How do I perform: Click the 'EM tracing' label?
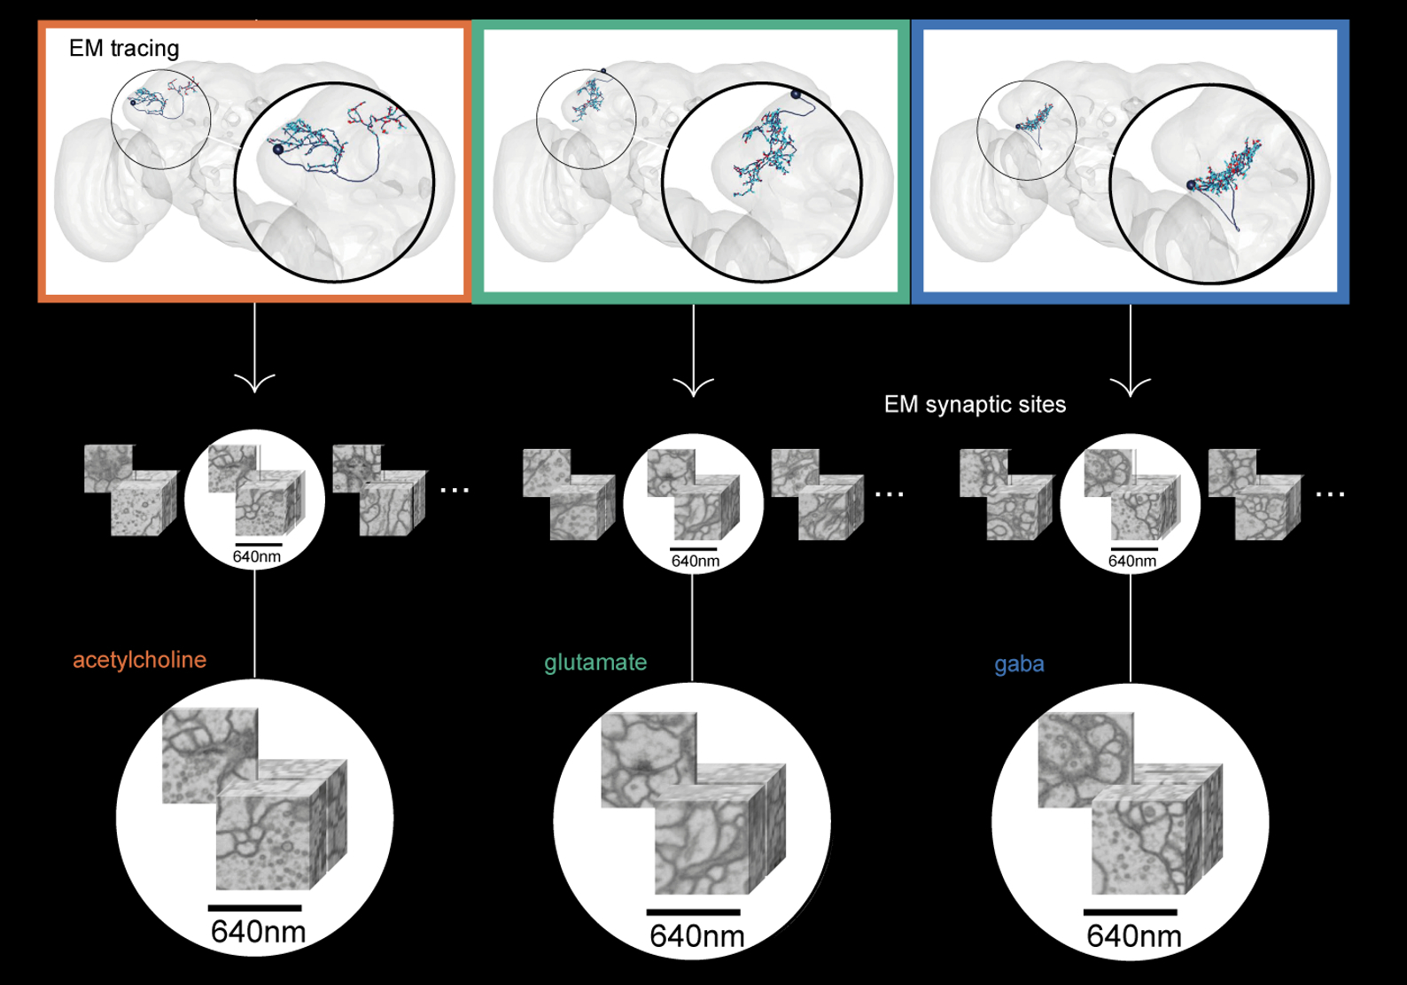[124, 49]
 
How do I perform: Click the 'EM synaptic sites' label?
[975, 405]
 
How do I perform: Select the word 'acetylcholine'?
[139, 660]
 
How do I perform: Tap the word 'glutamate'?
[595, 663]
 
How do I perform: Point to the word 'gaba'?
[1019, 664]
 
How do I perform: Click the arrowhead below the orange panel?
[254, 383]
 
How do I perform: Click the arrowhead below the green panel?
[693, 387]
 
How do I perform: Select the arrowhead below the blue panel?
[1131, 387]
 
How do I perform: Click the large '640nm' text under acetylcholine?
[258, 932]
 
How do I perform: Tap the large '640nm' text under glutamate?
[696, 936]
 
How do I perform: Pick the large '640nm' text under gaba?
[1134, 936]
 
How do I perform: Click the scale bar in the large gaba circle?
[1130, 912]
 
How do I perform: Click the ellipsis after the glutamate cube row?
[889, 494]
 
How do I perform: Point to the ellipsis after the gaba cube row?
[1330, 494]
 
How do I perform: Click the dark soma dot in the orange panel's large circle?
[278, 149]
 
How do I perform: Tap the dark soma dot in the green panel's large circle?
[796, 94]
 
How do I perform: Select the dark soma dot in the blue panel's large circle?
[1192, 185]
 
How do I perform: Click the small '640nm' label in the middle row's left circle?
[256, 557]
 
